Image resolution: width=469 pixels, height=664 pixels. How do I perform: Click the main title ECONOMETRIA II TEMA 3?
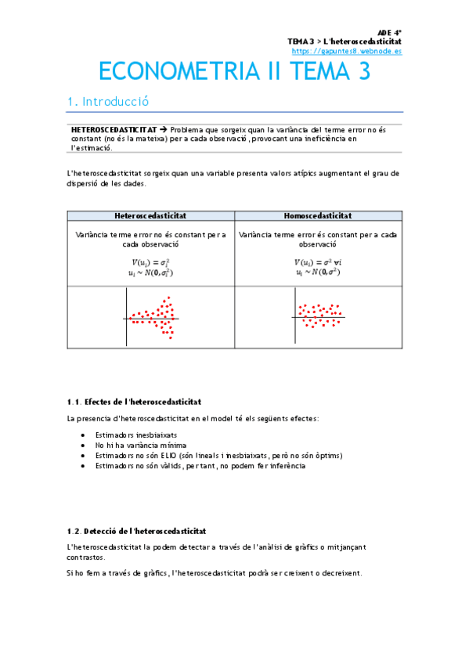[x=234, y=72]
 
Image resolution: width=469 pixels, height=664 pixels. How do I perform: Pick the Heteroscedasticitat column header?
[x=150, y=215]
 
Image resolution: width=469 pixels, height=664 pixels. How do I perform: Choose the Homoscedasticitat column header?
[x=317, y=215]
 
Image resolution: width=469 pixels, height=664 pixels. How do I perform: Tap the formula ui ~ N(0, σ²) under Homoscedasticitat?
[x=317, y=272]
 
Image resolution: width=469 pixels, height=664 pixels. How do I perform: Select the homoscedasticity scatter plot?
[x=317, y=316]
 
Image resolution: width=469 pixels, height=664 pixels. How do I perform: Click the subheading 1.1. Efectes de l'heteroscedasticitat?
[x=135, y=401]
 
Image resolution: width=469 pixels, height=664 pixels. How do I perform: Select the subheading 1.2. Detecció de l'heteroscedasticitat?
[x=136, y=531]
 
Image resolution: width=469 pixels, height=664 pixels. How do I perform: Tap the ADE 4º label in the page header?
[x=389, y=32]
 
